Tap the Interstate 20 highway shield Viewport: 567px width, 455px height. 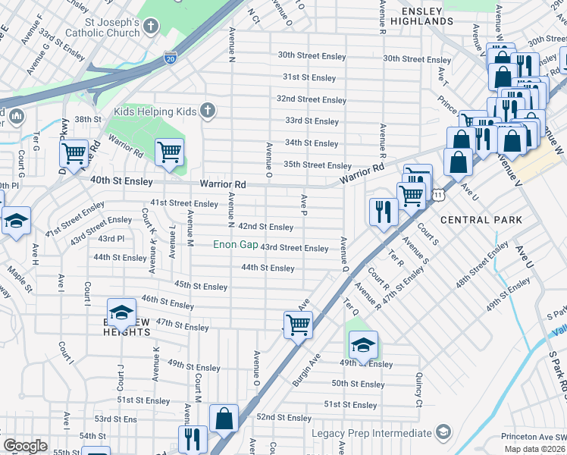(171, 57)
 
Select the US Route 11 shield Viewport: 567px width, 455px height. (438, 195)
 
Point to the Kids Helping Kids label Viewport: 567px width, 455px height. (155, 111)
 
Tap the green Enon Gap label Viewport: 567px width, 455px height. (233, 244)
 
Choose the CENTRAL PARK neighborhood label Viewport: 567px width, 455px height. (481, 220)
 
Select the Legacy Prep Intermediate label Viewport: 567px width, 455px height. (371, 433)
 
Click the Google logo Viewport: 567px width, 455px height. (25, 446)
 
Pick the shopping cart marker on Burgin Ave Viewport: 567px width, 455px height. (298, 325)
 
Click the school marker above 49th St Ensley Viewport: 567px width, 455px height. (363, 345)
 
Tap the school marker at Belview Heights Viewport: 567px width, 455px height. (121, 312)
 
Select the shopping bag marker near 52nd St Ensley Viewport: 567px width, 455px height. (224, 418)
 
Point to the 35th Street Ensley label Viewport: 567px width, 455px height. (317, 165)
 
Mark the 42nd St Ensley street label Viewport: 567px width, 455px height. (265, 227)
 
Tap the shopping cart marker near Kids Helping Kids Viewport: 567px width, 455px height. (170, 152)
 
